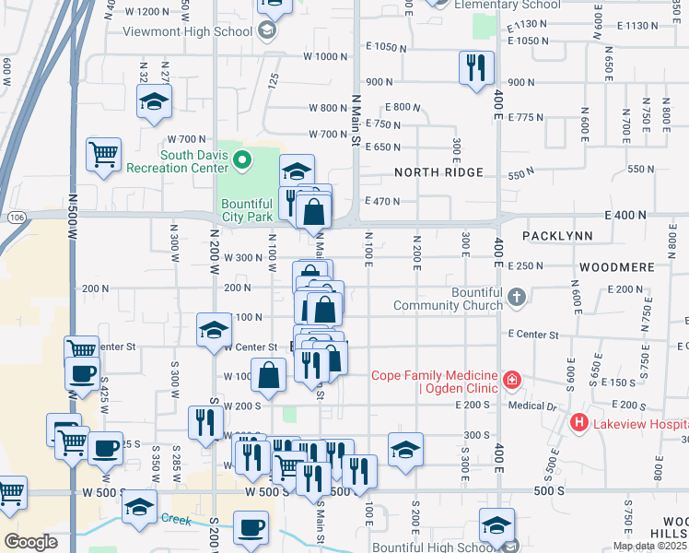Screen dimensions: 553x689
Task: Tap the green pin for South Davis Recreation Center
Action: pyautogui.click(x=242, y=161)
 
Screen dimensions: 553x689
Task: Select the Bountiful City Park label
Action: pyautogui.click(x=247, y=210)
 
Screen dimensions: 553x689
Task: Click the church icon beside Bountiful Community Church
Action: pyautogui.click(x=517, y=298)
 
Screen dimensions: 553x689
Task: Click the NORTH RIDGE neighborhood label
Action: pyautogui.click(x=438, y=173)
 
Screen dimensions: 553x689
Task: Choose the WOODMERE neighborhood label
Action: pyautogui.click(x=616, y=266)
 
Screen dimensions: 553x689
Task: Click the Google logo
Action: pyautogui.click(x=30, y=542)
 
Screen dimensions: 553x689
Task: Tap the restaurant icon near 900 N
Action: pyautogui.click(x=476, y=67)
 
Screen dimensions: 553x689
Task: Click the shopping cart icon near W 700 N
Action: pyautogui.click(x=103, y=153)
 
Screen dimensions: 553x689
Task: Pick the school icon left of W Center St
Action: pyautogui.click(x=214, y=329)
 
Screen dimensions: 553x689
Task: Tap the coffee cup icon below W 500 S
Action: pyautogui.click(x=250, y=529)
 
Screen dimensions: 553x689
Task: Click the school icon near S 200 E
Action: pyautogui.click(x=405, y=449)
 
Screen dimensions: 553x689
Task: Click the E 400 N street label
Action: pyautogui.click(x=627, y=215)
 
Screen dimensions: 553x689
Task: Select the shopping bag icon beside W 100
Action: pyautogui.click(x=269, y=375)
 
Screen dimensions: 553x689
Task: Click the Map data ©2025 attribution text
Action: pyautogui.click(x=649, y=546)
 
